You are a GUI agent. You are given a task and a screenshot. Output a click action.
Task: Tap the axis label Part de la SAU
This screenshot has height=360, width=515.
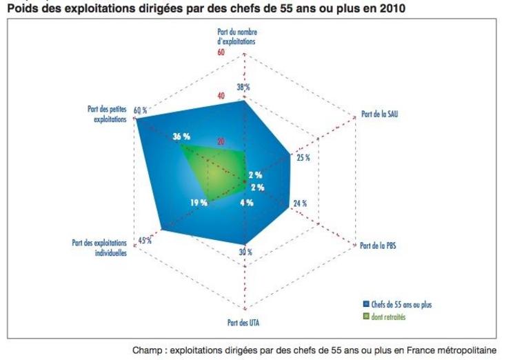pyautogui.click(x=380, y=114)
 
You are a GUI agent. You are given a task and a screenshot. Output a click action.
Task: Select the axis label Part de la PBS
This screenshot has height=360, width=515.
pyautogui.click(x=378, y=246)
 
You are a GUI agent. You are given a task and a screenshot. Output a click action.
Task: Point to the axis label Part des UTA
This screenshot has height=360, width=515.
pyautogui.click(x=244, y=321)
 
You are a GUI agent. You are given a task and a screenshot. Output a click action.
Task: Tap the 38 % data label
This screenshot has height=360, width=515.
pyautogui.click(x=243, y=88)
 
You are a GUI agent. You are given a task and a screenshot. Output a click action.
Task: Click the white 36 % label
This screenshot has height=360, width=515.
pyautogui.click(x=181, y=137)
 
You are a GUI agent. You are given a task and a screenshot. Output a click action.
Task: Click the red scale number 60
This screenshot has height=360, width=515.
pyautogui.click(x=221, y=52)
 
